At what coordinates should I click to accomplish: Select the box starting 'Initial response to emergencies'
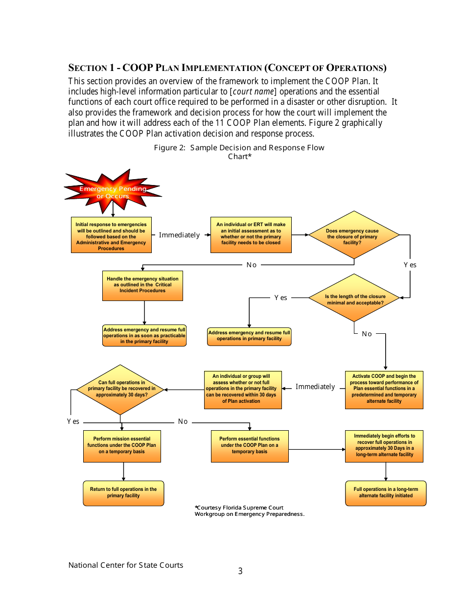point(111,235)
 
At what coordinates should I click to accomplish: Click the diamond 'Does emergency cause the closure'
point(354,235)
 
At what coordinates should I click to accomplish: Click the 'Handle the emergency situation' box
point(142,285)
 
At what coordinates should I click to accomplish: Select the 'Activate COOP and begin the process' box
point(384,390)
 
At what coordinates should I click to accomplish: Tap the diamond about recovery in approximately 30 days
point(121,390)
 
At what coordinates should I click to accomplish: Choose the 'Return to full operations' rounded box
point(123,493)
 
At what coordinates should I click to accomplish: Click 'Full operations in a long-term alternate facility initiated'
point(386,493)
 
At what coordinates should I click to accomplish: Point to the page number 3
point(240,571)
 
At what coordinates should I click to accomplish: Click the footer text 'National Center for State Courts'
point(126,565)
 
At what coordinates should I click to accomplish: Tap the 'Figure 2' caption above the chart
point(239,152)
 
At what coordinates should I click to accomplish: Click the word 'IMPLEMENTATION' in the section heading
point(222,68)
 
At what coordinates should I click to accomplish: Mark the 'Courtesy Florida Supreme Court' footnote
point(249,510)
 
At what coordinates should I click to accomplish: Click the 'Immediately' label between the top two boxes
point(180,235)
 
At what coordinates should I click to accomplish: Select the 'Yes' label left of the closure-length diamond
point(280,298)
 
